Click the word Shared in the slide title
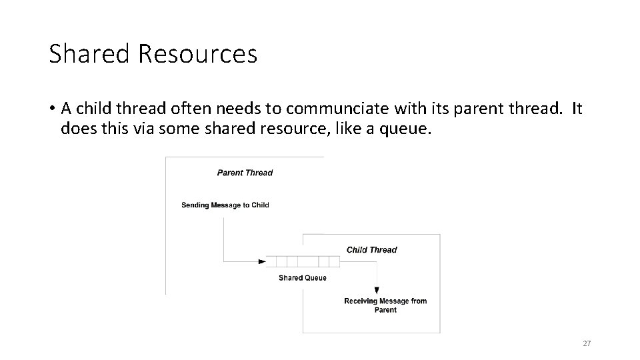coord(90,54)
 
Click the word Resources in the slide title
coord(197,54)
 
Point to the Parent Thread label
coord(245,173)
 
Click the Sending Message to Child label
coord(225,205)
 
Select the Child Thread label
coord(371,250)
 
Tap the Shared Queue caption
coord(302,278)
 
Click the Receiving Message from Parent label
coord(385,305)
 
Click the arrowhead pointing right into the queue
coord(261,261)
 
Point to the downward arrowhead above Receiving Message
coord(377,290)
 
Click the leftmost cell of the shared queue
coord(271,261)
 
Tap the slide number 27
coord(587,343)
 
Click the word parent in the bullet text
coord(475,108)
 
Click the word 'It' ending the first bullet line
coord(576,108)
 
